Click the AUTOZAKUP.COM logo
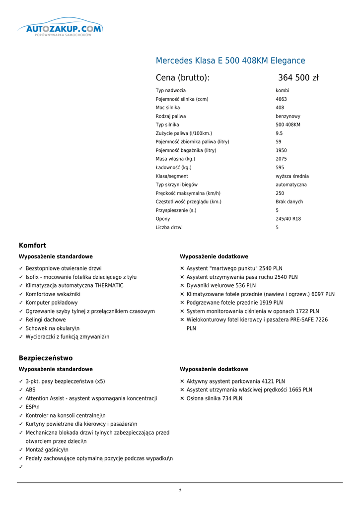60,28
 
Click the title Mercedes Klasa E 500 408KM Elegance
230,61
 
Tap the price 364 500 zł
298,78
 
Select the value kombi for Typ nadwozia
283,91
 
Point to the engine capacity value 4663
281,99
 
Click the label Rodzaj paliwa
171,116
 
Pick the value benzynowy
288,116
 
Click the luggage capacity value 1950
281,150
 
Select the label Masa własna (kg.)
175,159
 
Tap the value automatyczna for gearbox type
291,185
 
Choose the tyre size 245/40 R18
288,219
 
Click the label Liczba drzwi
169,227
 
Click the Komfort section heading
32,246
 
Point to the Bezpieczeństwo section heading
46,358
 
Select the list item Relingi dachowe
46,320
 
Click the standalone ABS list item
30,390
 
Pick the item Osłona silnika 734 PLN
215,398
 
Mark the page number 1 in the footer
180,491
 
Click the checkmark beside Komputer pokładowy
21,303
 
